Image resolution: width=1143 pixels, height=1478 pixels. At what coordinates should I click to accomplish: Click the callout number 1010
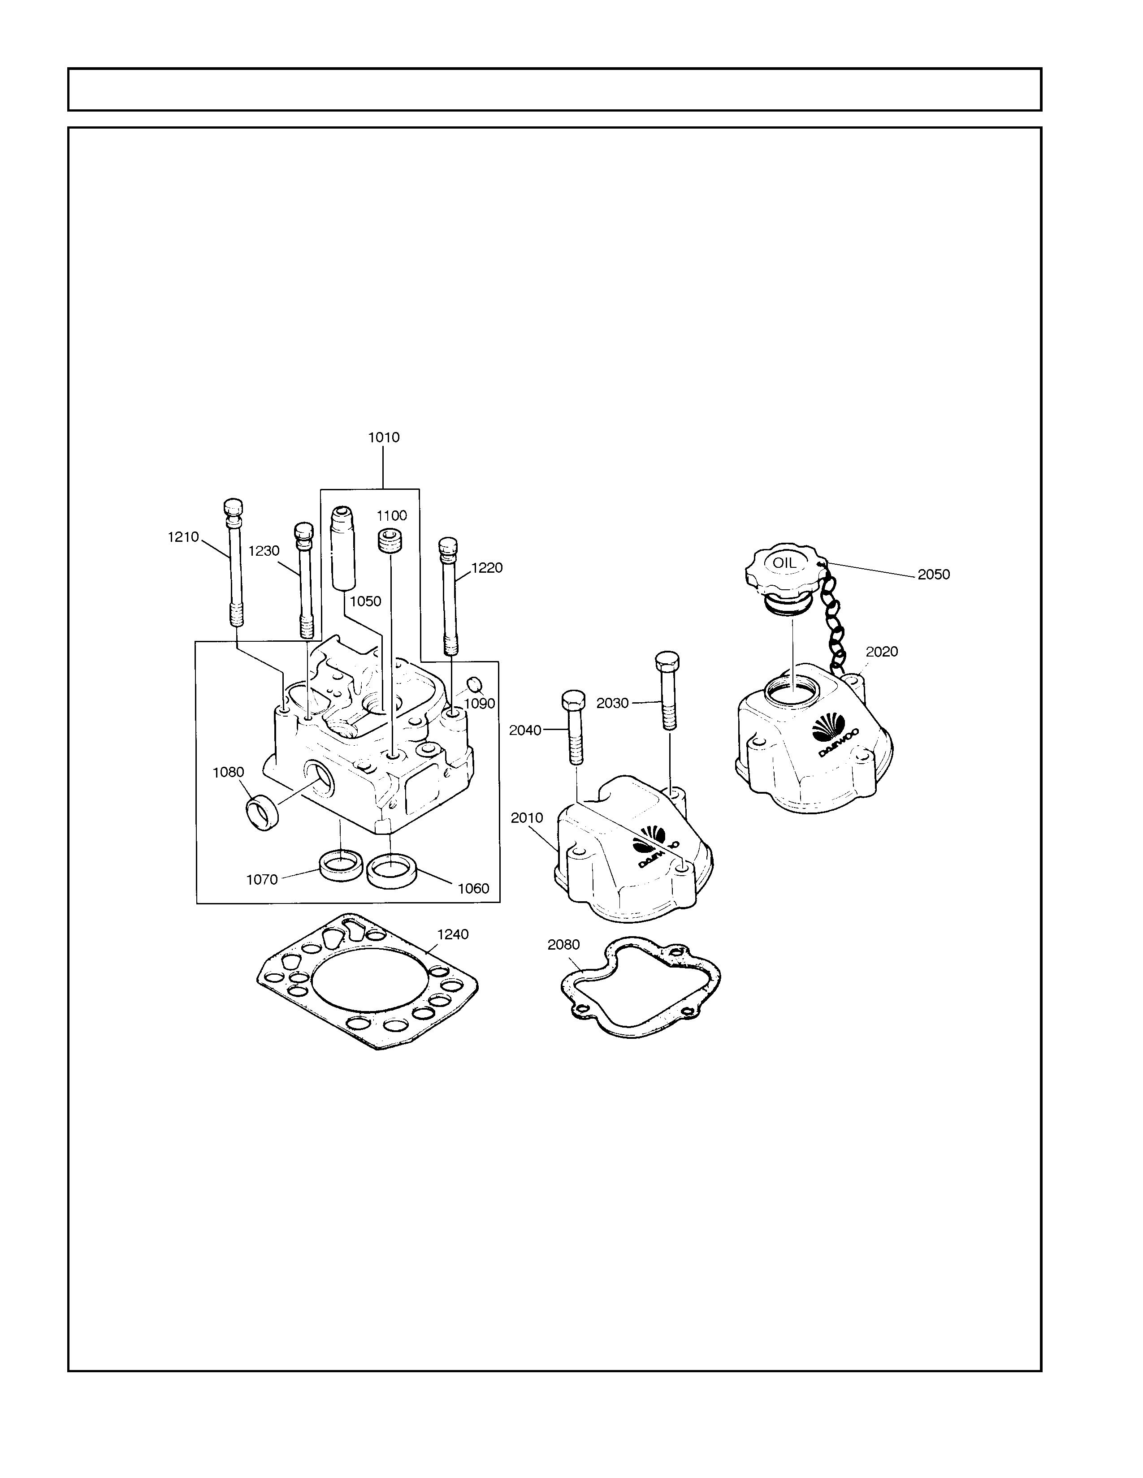[384, 437]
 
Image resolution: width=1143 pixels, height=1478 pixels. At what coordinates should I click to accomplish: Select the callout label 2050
[934, 574]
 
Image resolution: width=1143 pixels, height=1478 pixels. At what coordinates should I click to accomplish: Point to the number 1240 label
[453, 934]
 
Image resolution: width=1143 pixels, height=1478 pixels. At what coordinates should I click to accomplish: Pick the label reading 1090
[479, 703]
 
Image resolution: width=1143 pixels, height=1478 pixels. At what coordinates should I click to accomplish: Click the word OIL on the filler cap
[785, 562]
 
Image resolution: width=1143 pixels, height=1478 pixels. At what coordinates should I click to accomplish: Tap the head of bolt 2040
[572, 701]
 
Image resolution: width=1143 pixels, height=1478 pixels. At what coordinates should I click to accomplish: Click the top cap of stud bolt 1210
[233, 508]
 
